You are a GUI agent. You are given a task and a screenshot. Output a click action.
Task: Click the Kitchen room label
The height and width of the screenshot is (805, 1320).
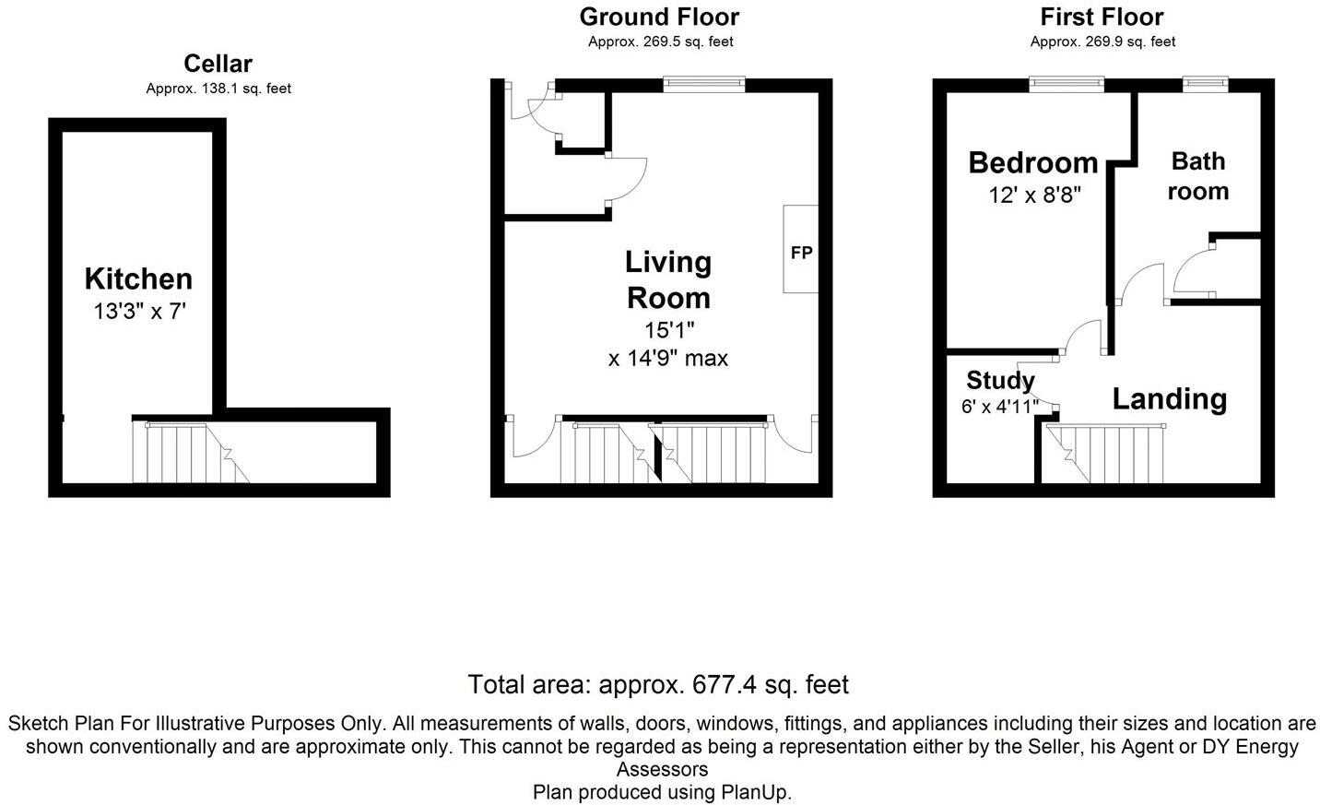(138, 278)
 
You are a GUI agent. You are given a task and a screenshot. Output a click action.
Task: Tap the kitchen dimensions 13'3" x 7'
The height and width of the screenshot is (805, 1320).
(140, 311)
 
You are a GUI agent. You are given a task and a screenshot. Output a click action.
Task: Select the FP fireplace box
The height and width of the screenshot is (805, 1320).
(800, 249)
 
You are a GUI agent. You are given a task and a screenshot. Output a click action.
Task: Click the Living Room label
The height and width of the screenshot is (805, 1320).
(668, 280)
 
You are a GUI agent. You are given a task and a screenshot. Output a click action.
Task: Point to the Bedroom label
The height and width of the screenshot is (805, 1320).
(1033, 162)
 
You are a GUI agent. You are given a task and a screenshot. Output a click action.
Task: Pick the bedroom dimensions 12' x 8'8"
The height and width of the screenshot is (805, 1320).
(1035, 195)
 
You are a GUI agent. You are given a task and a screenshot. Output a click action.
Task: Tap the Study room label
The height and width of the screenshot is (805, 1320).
(1000, 381)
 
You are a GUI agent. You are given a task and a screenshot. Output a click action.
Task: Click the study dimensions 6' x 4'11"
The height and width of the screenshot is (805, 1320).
(999, 406)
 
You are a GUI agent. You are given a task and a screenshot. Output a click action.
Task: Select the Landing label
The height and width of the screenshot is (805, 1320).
(1170, 399)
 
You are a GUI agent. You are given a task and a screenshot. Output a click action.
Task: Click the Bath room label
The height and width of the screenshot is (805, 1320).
(1198, 176)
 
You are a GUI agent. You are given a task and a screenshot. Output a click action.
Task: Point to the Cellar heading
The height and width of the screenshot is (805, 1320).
(218, 64)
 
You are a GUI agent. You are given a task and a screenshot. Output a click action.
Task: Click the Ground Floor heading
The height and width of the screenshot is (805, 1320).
(659, 18)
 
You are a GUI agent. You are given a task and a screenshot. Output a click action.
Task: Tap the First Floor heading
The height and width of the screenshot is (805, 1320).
(1102, 18)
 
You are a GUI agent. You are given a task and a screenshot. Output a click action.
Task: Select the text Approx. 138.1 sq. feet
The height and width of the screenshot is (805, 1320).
(218, 89)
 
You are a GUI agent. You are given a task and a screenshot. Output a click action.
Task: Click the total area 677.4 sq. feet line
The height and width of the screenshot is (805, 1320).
(658, 685)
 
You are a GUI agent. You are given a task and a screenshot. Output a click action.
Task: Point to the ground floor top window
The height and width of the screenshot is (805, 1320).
(704, 84)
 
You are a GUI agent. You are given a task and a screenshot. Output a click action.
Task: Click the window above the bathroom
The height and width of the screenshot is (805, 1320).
(1206, 84)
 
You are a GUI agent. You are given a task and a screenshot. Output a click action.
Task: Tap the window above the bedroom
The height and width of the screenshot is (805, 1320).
(1067, 84)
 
